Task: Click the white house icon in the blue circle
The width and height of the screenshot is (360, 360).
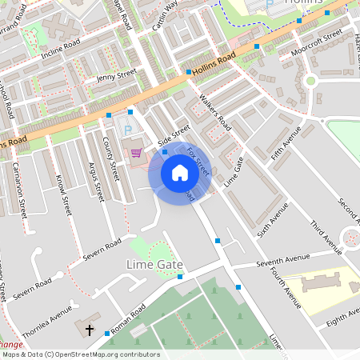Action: click(x=179, y=173)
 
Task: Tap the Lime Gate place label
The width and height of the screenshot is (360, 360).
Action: click(x=155, y=264)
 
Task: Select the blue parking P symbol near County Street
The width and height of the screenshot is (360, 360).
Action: click(x=126, y=130)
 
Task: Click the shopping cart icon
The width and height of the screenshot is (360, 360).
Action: click(x=136, y=152)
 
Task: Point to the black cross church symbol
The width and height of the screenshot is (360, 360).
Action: click(x=89, y=330)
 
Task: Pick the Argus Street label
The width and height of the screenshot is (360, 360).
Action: click(x=95, y=179)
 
